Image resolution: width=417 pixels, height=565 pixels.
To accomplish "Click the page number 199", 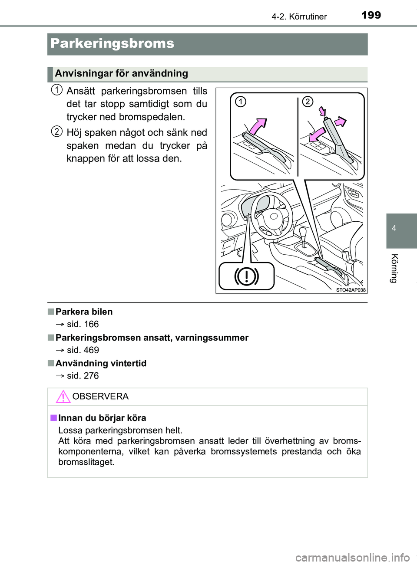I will [371, 15].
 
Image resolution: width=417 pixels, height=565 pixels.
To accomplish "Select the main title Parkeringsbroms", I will [112, 43].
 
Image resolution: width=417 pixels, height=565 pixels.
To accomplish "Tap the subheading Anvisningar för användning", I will [121, 73].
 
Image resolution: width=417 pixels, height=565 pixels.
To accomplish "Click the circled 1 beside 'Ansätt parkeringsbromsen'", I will [56, 90].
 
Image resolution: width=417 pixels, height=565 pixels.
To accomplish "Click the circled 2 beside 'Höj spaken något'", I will [56, 131].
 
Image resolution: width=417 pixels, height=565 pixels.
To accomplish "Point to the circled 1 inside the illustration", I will [240, 102].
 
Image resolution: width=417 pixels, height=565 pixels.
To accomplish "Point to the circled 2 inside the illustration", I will [308, 102].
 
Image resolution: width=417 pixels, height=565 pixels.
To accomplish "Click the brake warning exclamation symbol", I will [246, 276].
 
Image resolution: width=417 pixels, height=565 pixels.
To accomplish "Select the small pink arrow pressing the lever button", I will [322, 112].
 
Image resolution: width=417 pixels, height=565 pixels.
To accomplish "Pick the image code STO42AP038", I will [351, 290].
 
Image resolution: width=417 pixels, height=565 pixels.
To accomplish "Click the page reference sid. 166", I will [83, 324].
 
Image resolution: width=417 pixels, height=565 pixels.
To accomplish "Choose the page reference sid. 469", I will [83, 350].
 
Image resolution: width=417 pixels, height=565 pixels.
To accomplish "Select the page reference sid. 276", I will [83, 376].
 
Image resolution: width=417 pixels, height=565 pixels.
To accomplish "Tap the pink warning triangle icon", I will [63, 397].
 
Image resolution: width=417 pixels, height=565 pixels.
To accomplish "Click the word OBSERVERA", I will [100, 396].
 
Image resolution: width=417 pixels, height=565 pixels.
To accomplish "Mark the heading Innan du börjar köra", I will [102, 418].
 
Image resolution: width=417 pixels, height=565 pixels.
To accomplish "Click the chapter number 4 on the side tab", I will [394, 228].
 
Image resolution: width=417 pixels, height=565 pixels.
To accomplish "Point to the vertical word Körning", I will [394, 268].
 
